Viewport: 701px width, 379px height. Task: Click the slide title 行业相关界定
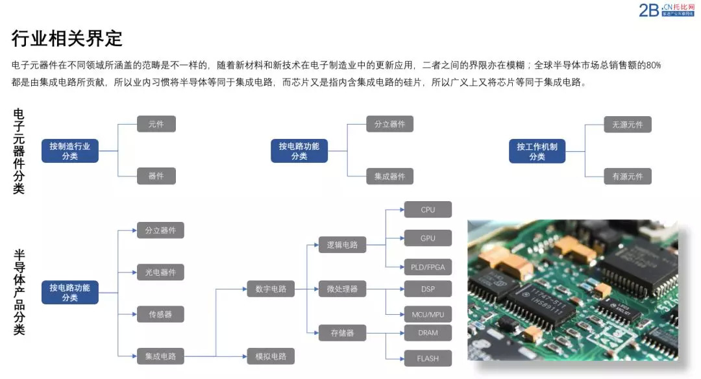coord(67,38)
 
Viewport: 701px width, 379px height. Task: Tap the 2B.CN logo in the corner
coord(667,10)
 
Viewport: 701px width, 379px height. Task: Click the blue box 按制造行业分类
coord(69,151)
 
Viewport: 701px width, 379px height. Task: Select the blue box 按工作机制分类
coord(537,151)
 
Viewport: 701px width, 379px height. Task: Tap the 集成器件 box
coord(389,177)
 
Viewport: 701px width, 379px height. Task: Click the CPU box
coord(428,210)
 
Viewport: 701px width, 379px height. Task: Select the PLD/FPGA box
coord(428,267)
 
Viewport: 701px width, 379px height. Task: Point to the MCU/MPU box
coord(428,315)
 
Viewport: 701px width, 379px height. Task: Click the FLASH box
coord(428,358)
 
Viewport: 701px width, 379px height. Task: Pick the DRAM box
coord(428,333)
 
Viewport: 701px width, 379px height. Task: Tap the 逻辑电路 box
coord(342,245)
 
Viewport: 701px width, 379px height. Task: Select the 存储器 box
coord(342,333)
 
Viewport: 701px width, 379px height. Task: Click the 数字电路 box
coord(271,289)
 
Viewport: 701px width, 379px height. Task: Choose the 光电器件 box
coord(160,273)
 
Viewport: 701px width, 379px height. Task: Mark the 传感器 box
coord(160,314)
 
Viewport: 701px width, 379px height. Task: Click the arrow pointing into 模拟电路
coord(243,356)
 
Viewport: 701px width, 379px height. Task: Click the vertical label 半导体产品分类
coord(19,292)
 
